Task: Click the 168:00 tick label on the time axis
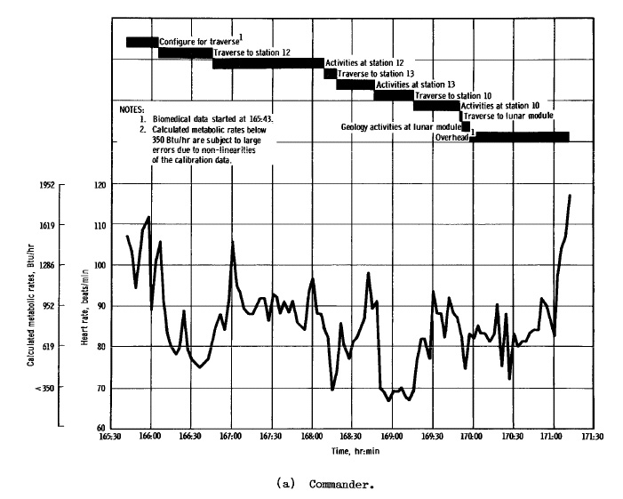(x=311, y=438)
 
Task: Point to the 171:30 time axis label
(x=593, y=438)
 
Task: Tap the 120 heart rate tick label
(x=100, y=184)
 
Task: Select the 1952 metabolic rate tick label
(x=45, y=184)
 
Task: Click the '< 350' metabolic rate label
(x=44, y=388)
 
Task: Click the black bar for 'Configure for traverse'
(x=141, y=42)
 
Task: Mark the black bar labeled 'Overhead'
(x=519, y=136)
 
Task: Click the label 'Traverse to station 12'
(x=252, y=52)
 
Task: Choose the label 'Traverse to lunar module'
(x=508, y=117)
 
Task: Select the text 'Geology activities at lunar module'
(x=399, y=127)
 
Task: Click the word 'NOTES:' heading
(x=132, y=109)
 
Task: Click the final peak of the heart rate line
(x=570, y=195)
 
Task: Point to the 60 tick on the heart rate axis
(x=100, y=428)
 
